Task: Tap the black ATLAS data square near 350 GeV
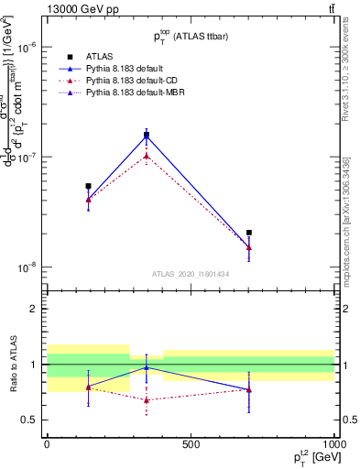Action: pyautogui.click(x=147, y=135)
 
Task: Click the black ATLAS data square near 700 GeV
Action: pyautogui.click(x=248, y=233)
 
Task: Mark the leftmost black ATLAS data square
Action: pyautogui.click(x=88, y=186)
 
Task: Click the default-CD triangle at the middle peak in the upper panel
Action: pyautogui.click(x=147, y=156)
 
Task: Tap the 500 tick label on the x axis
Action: pyautogui.click(x=191, y=444)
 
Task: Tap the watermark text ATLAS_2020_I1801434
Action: pyautogui.click(x=190, y=274)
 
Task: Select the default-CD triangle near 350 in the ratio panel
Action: pyautogui.click(x=147, y=399)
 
